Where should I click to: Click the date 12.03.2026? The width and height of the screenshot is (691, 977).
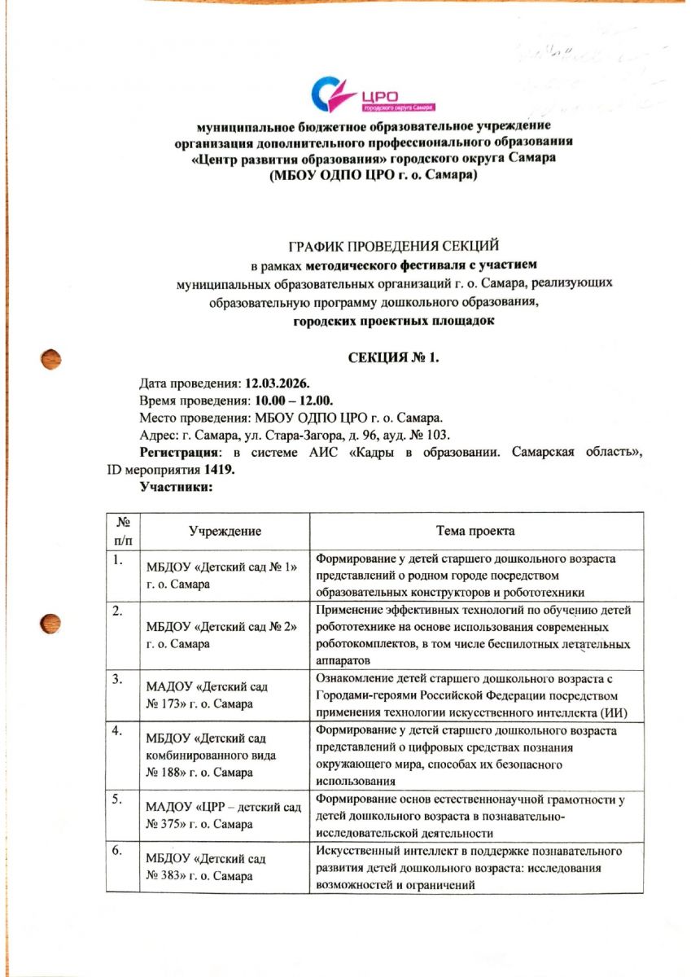point(284,383)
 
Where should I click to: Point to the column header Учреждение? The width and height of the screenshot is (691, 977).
point(225,531)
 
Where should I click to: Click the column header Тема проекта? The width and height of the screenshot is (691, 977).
point(475,531)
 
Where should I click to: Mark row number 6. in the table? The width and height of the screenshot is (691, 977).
point(117,852)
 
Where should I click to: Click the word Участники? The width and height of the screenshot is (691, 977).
point(177,487)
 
